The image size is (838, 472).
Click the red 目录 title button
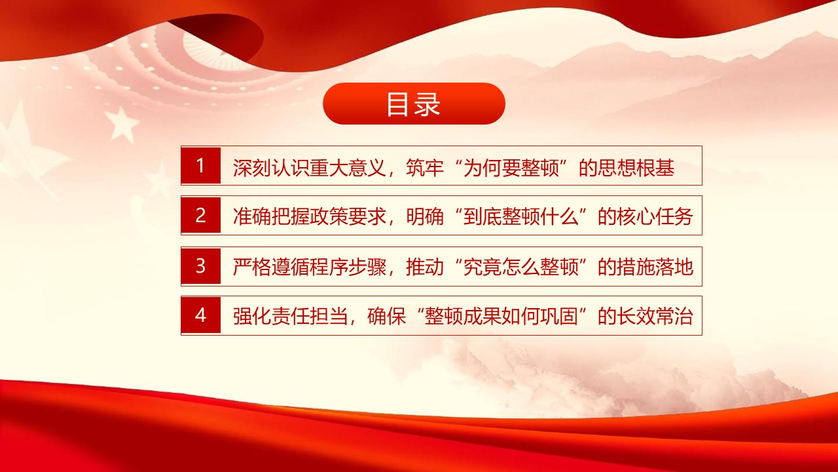click(x=414, y=104)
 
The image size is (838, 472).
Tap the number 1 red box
click(x=201, y=166)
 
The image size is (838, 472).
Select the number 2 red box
click(x=201, y=216)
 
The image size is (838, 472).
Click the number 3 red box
click(x=201, y=266)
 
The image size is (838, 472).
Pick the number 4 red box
click(x=201, y=316)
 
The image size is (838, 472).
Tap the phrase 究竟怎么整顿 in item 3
click(x=520, y=267)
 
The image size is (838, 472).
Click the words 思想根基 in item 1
click(x=646, y=168)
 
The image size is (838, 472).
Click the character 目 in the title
click(x=399, y=104)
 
